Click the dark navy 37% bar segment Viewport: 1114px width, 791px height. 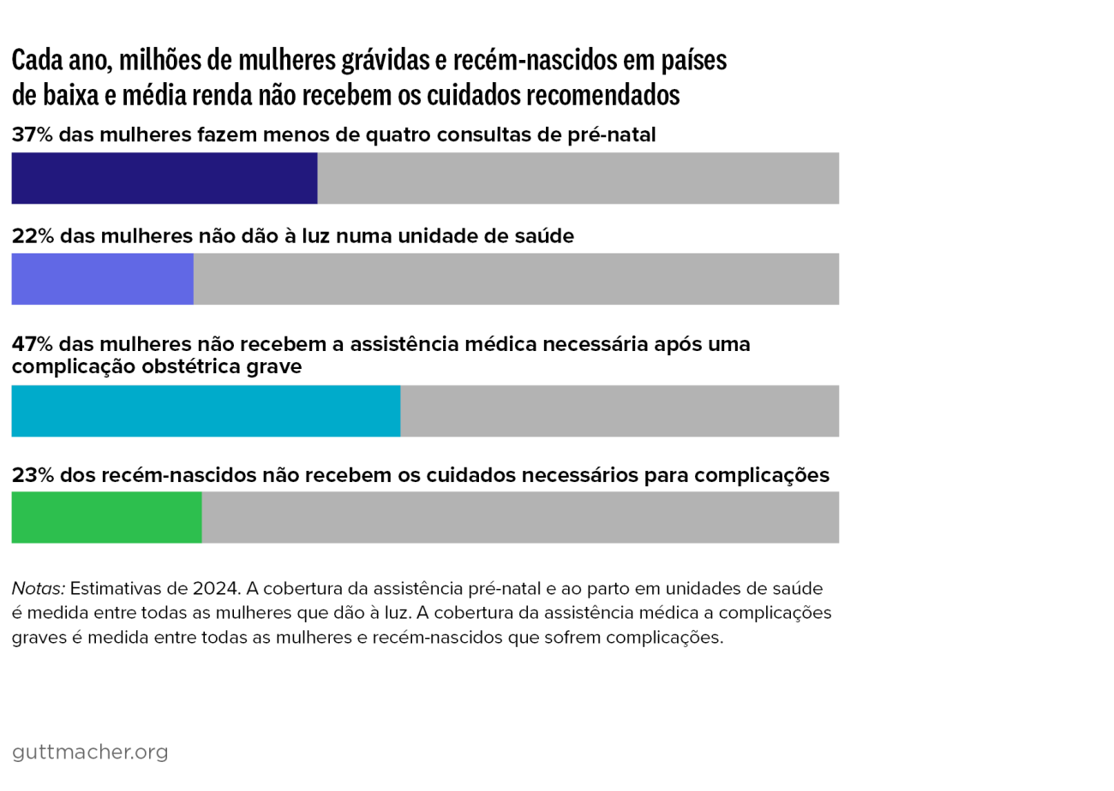(164, 178)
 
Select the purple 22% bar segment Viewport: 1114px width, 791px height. (102, 279)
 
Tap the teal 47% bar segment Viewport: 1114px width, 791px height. (206, 411)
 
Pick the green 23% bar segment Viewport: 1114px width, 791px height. (106, 517)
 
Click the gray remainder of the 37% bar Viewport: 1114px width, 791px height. (578, 178)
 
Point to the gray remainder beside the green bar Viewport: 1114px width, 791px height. (520, 517)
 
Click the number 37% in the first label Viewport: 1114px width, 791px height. (33, 135)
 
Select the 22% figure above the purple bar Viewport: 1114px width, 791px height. (33, 236)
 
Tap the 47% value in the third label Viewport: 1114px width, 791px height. (33, 344)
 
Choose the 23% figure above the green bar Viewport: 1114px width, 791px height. (33, 475)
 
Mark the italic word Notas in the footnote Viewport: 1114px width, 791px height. (39, 589)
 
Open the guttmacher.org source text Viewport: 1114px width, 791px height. (90, 752)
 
